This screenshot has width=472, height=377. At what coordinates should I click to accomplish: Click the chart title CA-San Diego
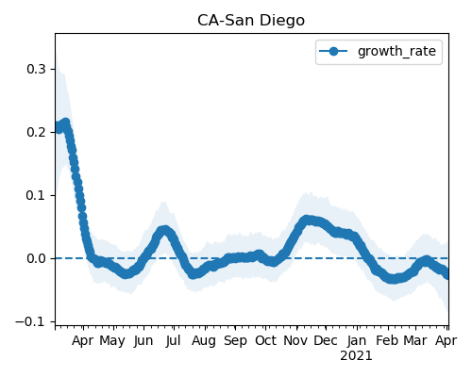point(251,21)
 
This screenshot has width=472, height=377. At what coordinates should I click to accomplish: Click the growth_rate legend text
point(396,51)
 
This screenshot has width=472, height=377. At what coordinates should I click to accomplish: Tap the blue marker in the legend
point(333,51)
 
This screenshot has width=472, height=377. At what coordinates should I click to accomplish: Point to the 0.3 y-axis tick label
point(37,69)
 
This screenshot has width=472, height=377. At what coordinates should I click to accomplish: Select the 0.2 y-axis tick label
point(37,132)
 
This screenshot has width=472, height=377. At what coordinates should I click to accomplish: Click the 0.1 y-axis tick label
point(37,195)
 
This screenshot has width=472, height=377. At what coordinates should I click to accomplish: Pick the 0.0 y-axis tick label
point(37,258)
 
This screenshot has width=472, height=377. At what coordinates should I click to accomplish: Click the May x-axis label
point(112,341)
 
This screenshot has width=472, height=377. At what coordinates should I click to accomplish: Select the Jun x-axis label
point(143,341)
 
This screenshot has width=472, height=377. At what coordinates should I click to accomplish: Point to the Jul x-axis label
point(174,341)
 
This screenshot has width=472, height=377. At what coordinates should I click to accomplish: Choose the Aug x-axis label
point(204,341)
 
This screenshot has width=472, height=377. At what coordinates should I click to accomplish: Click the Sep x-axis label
point(235,341)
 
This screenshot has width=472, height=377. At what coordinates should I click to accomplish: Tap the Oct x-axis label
point(265,340)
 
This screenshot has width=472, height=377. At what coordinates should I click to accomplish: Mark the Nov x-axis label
point(295,340)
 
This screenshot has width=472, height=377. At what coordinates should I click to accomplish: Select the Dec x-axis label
point(326,340)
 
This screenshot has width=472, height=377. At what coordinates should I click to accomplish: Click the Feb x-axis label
point(388,340)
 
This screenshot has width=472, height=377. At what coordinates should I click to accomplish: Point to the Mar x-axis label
point(415,340)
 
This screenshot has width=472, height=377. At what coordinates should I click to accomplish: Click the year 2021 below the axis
point(356,356)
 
